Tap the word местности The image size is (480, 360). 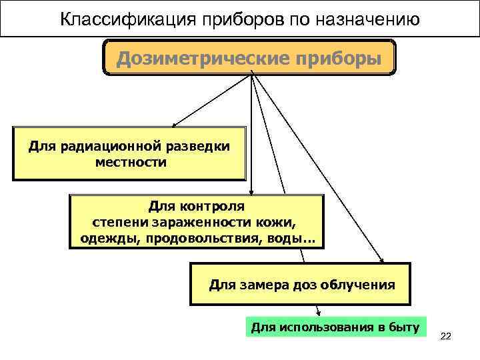click(x=131, y=162)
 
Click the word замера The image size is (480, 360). click(x=261, y=285)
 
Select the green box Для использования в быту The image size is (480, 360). click(x=335, y=327)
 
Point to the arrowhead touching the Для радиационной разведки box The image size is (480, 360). click(x=174, y=124)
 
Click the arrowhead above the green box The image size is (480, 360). click(x=319, y=313)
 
